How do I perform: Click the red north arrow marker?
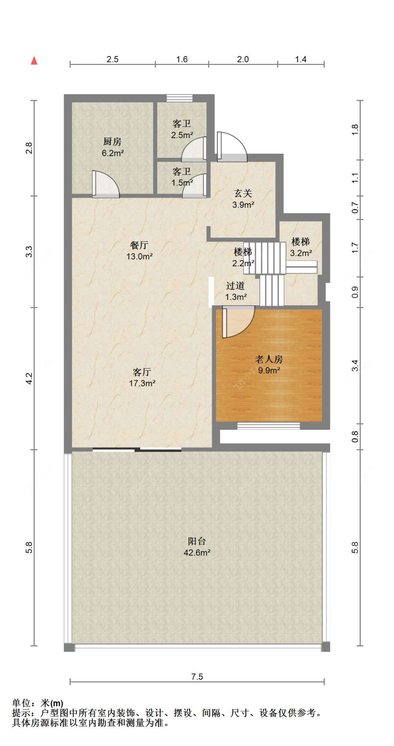(x=34, y=61)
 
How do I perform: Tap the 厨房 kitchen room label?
(x=112, y=142)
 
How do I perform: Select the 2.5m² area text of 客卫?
(x=182, y=135)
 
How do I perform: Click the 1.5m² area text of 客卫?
(x=182, y=183)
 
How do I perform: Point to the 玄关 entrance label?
(x=243, y=194)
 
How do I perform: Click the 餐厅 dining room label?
(x=139, y=245)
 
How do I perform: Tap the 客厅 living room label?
(x=142, y=372)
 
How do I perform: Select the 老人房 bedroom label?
(x=269, y=359)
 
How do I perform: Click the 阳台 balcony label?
(x=197, y=541)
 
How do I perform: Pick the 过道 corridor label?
(x=235, y=286)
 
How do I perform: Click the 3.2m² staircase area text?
(x=301, y=253)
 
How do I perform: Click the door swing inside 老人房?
(x=238, y=321)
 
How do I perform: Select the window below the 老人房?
(x=269, y=426)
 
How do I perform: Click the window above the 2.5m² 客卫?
(x=180, y=98)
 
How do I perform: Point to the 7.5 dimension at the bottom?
(x=197, y=677)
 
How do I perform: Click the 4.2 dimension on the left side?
(x=29, y=379)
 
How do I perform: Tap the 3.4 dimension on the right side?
(x=355, y=366)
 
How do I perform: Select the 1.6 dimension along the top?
(x=182, y=59)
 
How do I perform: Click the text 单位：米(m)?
(x=38, y=703)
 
